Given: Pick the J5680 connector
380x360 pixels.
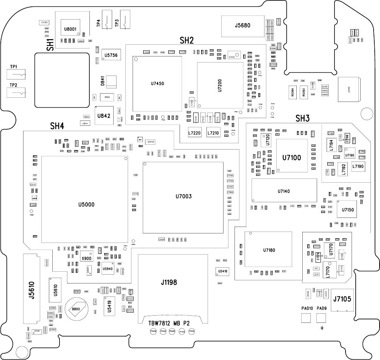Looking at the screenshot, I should pyautogui.click(x=242, y=26).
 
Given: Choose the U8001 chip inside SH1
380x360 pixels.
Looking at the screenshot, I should pyautogui.click(x=70, y=29).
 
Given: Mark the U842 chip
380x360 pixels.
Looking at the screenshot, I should pyautogui.click(x=104, y=116).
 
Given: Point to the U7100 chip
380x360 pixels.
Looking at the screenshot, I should pyautogui.click(x=291, y=157).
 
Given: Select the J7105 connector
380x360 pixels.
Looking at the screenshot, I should pyautogui.click(x=342, y=299).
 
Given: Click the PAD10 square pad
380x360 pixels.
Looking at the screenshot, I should pyautogui.click(x=307, y=318).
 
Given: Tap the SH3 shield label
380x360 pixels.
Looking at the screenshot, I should pyautogui.click(x=302, y=119).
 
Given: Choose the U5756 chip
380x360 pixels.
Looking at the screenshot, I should pyautogui.click(x=111, y=55).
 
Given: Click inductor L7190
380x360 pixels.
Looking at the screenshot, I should pyautogui.click(x=358, y=166).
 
